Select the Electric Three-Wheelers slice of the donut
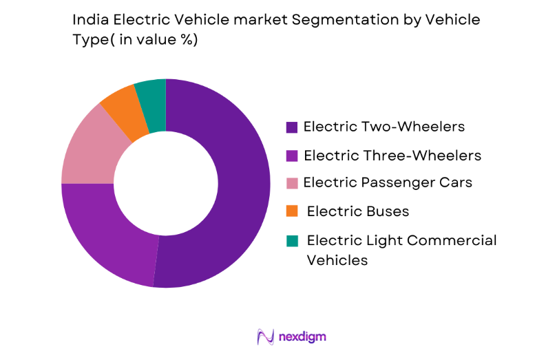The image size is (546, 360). pos(103,234)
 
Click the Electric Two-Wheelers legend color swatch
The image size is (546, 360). pos(292,127)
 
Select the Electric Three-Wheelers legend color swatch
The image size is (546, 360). pos(292,156)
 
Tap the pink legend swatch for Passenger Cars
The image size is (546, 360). pos(292,183)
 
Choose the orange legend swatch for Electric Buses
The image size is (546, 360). pos(292,211)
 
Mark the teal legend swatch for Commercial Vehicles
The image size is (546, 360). pos(292,240)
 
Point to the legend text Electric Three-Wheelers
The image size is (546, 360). pos(392,156)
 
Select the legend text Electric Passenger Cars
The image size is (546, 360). pos(388,182)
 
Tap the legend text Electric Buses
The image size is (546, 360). pos(358,211)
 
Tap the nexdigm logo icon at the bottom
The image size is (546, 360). pos(264,337)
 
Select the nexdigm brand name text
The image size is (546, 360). pos(303,337)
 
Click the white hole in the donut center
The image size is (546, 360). pos(165,183)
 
